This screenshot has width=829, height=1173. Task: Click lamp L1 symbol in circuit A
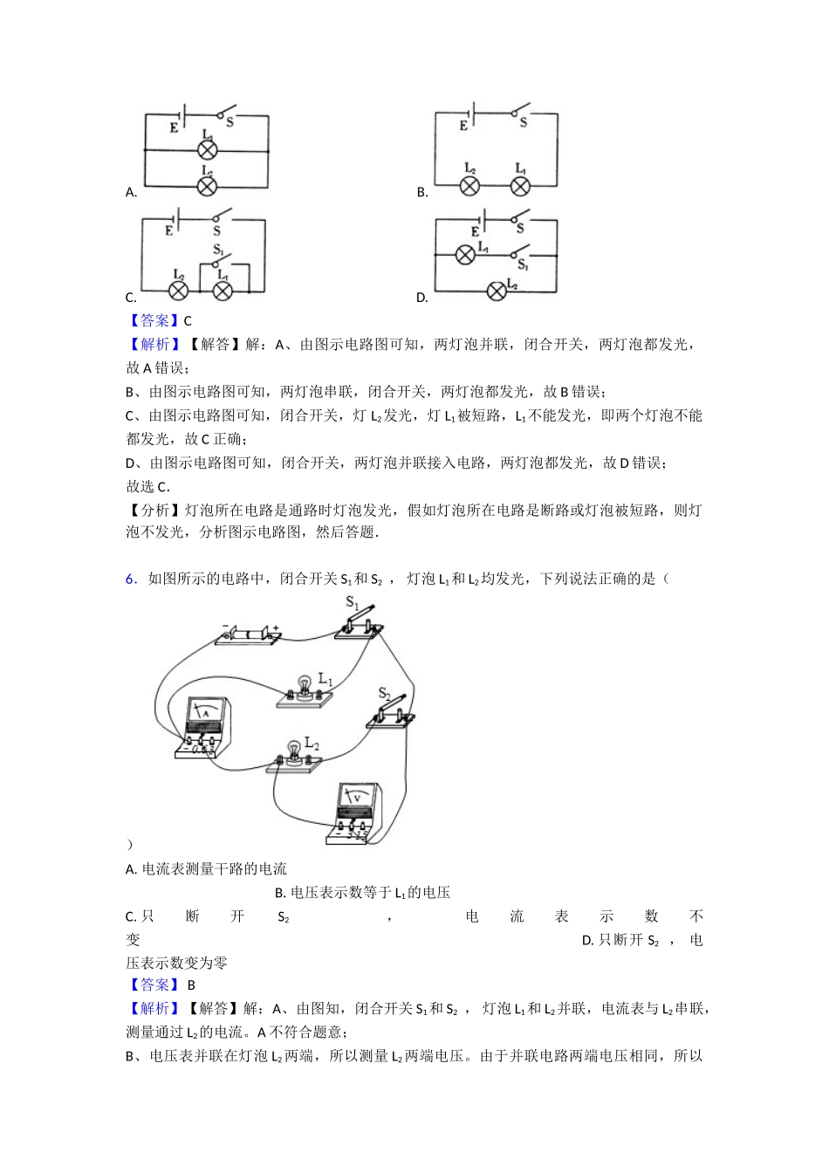coord(207,150)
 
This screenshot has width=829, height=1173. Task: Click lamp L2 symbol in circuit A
coord(207,186)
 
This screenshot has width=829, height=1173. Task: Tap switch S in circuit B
coord(522,111)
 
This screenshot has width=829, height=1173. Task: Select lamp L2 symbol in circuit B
coord(469,186)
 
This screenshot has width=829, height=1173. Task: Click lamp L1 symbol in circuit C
coord(223,290)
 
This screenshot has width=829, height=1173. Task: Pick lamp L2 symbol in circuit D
coord(496,291)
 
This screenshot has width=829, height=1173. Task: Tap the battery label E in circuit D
coord(475,232)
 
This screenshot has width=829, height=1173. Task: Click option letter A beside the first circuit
coord(131,193)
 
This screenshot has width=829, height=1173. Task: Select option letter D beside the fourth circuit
coord(421,298)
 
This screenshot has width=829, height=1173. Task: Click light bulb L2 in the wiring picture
coord(294,752)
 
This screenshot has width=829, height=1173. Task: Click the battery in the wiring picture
coord(249,635)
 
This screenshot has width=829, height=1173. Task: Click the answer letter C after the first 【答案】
coord(188,321)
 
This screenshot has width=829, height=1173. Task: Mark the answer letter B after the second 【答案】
coord(191,985)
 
